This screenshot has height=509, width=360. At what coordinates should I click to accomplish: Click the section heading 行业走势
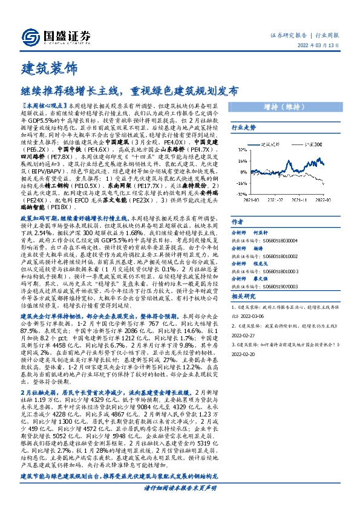click(244, 128)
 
